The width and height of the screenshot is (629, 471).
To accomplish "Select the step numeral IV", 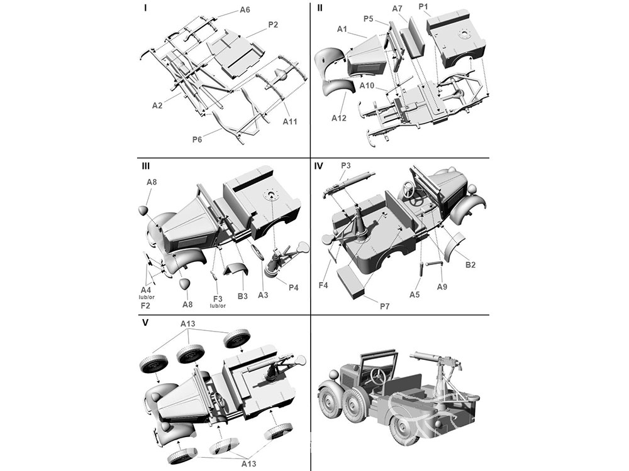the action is [318, 166].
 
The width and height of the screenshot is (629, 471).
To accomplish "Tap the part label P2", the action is [273, 25].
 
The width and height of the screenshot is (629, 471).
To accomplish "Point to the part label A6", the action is [245, 9].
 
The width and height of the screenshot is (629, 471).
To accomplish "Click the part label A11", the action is [289, 121].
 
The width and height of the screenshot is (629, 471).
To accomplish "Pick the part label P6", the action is [197, 139].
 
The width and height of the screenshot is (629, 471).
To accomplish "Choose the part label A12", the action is [338, 118].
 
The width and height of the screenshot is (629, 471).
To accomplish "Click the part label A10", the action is [366, 85].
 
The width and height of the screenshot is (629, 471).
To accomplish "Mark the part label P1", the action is [423, 7].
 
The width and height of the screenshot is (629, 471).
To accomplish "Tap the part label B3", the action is [242, 296].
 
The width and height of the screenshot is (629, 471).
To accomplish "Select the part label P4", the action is [293, 288].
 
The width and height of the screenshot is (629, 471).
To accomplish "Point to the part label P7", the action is [384, 306].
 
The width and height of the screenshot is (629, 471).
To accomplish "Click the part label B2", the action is [470, 265].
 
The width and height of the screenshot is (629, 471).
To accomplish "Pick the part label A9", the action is [442, 287].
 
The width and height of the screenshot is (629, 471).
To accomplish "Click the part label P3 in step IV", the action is [346, 165].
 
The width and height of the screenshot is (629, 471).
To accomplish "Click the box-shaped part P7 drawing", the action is [352, 283].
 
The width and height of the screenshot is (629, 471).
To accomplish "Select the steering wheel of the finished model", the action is [378, 376].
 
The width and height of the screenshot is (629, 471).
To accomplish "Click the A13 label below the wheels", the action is [248, 464].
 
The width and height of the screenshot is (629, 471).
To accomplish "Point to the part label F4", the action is [323, 285].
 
